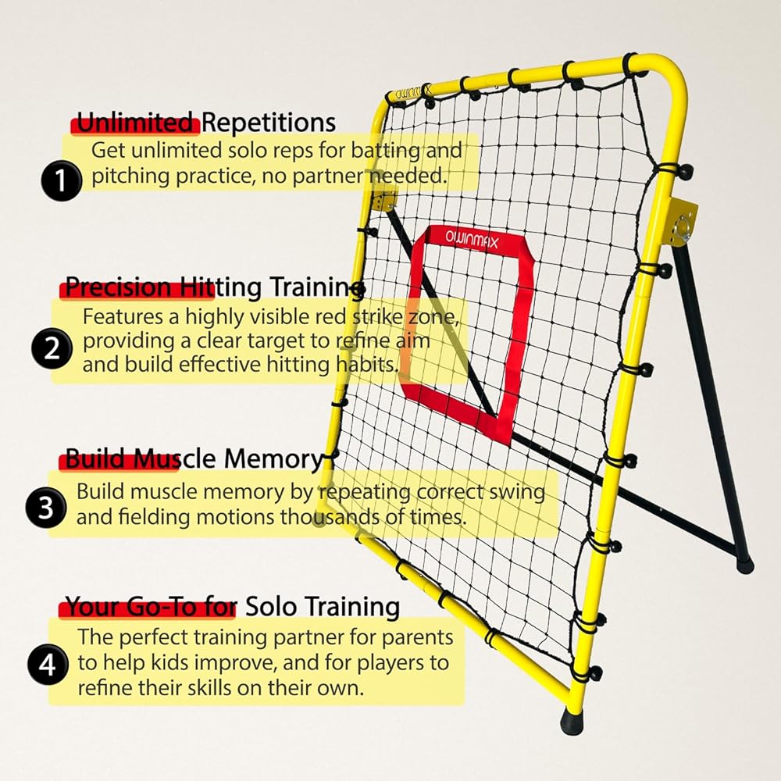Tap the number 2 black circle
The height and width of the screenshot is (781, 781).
[52, 349]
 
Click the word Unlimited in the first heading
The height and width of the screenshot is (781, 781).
[137, 123]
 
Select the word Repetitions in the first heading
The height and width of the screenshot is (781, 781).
[269, 123]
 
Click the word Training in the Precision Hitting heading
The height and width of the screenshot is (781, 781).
[314, 287]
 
